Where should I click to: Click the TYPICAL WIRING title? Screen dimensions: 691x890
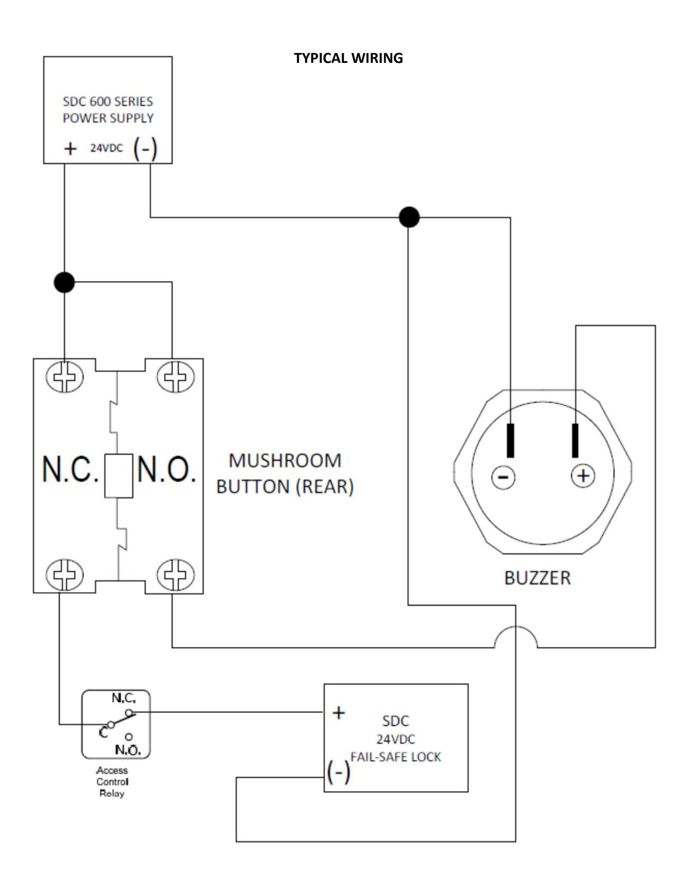(x=348, y=58)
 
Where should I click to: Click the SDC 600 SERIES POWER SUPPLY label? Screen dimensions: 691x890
(x=108, y=109)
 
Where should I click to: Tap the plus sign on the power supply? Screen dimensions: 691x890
(x=70, y=149)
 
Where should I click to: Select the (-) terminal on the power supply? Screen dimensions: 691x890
(x=145, y=149)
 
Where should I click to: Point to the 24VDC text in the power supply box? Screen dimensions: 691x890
(x=106, y=148)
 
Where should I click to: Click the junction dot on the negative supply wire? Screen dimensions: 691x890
(x=409, y=217)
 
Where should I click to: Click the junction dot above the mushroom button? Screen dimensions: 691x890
(x=64, y=282)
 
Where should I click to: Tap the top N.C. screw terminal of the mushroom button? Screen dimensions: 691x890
(x=65, y=377)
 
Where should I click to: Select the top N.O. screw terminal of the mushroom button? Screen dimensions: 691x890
(x=175, y=377)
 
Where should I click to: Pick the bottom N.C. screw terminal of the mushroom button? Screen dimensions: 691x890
(x=65, y=575)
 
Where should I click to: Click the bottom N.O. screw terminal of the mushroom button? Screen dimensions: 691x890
(x=175, y=575)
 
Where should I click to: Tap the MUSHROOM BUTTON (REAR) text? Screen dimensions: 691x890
(x=285, y=473)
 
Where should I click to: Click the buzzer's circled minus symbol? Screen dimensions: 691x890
(x=503, y=477)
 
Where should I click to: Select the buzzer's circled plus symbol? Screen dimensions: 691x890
(x=584, y=476)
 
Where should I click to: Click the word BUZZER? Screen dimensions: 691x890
(x=537, y=578)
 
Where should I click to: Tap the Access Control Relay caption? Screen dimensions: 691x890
(x=112, y=782)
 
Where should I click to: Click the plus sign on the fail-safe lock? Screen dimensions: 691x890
(x=339, y=713)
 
